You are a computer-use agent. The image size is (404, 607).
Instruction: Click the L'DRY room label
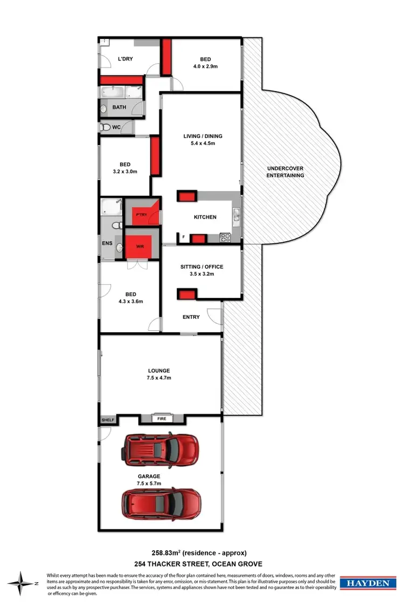pos(126,59)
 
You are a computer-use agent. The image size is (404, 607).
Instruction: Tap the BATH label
pos(119,107)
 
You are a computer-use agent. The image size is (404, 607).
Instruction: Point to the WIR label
pos(140,247)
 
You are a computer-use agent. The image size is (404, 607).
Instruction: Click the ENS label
pos(107,243)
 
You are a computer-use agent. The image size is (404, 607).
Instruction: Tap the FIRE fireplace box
pos(161,418)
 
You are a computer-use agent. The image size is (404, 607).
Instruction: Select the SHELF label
pos(108,420)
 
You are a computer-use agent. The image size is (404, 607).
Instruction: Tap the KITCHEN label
pos(205,217)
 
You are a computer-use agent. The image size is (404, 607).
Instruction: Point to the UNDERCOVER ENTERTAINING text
pos(285,172)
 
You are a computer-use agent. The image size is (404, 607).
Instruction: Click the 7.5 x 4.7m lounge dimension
pos(159,378)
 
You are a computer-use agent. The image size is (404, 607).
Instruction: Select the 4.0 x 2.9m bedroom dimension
pos(205,66)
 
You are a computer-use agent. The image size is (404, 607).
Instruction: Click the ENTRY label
pos(191,317)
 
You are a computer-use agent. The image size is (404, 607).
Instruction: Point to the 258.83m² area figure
pos(168,552)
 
